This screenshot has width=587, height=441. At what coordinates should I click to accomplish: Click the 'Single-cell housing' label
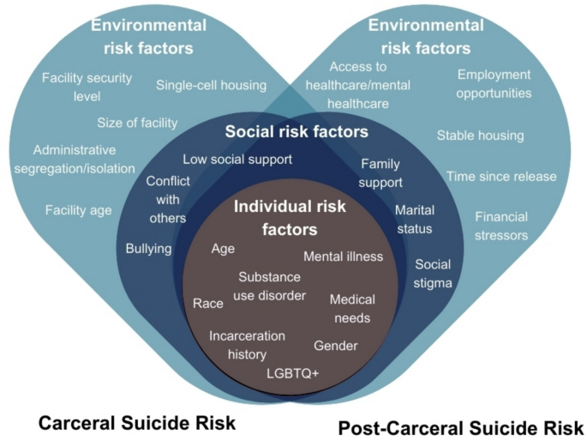click(x=211, y=85)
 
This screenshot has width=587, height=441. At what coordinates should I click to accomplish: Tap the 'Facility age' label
click(x=78, y=209)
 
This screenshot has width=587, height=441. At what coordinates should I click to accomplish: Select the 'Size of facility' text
click(x=137, y=123)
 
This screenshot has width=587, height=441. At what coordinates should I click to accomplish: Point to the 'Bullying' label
click(x=148, y=249)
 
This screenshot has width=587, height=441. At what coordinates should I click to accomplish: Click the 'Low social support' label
click(x=237, y=159)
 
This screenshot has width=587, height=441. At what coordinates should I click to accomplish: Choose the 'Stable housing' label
click(x=480, y=135)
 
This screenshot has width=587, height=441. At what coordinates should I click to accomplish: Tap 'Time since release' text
click(x=501, y=177)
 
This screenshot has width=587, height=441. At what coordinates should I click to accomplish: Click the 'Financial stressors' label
click(x=501, y=226)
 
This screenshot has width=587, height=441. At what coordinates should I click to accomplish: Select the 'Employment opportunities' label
click(x=494, y=83)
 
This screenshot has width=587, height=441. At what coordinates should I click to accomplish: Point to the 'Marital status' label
click(x=415, y=219)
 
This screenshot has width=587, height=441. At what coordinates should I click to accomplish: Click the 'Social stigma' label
click(x=433, y=273)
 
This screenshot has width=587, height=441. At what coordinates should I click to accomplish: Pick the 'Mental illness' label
click(x=343, y=256)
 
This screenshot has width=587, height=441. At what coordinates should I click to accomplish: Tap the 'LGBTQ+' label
click(x=292, y=373)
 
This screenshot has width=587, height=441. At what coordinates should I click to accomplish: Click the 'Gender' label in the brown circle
click(x=336, y=345)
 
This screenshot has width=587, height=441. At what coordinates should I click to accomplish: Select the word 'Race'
click(x=208, y=303)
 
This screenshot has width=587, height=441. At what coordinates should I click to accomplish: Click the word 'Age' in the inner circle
click(x=223, y=249)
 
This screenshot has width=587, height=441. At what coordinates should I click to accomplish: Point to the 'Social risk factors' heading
click(x=296, y=132)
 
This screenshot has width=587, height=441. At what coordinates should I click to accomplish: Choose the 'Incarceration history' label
click(x=248, y=344)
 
